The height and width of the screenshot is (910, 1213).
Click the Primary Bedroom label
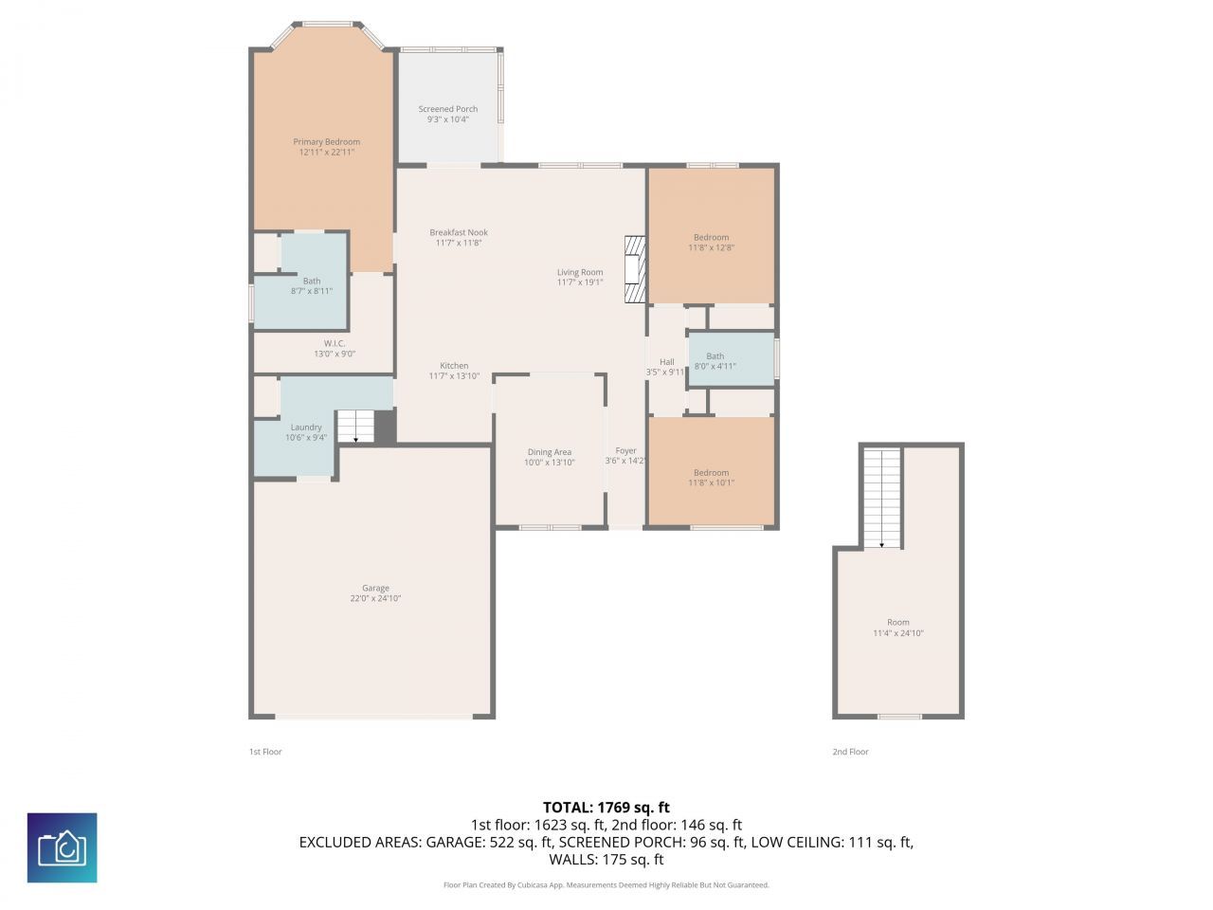point(326,142)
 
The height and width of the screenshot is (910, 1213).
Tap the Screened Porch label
point(448,109)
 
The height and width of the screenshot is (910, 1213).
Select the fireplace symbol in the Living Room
point(634,269)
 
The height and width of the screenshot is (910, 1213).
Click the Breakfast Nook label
point(459,232)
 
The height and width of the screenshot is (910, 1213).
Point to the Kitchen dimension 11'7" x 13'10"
point(454,376)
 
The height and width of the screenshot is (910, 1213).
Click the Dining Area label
point(549,452)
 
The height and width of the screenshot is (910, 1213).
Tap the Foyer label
point(625,450)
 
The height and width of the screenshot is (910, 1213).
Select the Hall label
point(666,362)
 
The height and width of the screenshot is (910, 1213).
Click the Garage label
point(375,588)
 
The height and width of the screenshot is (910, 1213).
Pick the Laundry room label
point(306,428)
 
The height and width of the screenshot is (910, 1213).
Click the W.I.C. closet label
point(335,343)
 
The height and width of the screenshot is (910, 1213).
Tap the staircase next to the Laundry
point(355,427)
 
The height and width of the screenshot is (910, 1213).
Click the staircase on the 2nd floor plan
point(881,498)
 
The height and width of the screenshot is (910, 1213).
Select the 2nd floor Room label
point(897,623)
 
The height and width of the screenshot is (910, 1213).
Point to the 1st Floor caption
point(265,752)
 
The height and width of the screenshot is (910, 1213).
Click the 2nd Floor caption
point(850,752)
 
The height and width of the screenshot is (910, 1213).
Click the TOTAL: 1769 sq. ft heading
point(606,808)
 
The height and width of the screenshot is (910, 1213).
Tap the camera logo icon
point(62,847)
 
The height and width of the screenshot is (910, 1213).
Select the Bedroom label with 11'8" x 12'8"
point(711,237)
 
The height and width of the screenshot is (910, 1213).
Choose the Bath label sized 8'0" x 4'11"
point(715,356)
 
